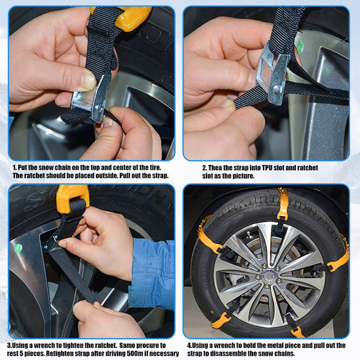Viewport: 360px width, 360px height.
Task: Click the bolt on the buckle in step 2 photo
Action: [277, 89]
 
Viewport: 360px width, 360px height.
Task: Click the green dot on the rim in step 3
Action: [18, 248]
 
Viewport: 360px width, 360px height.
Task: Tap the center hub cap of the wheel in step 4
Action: [268, 275]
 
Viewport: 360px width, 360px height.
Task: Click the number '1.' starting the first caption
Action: [14, 167]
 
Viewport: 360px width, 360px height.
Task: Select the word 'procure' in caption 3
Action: [147, 346]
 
